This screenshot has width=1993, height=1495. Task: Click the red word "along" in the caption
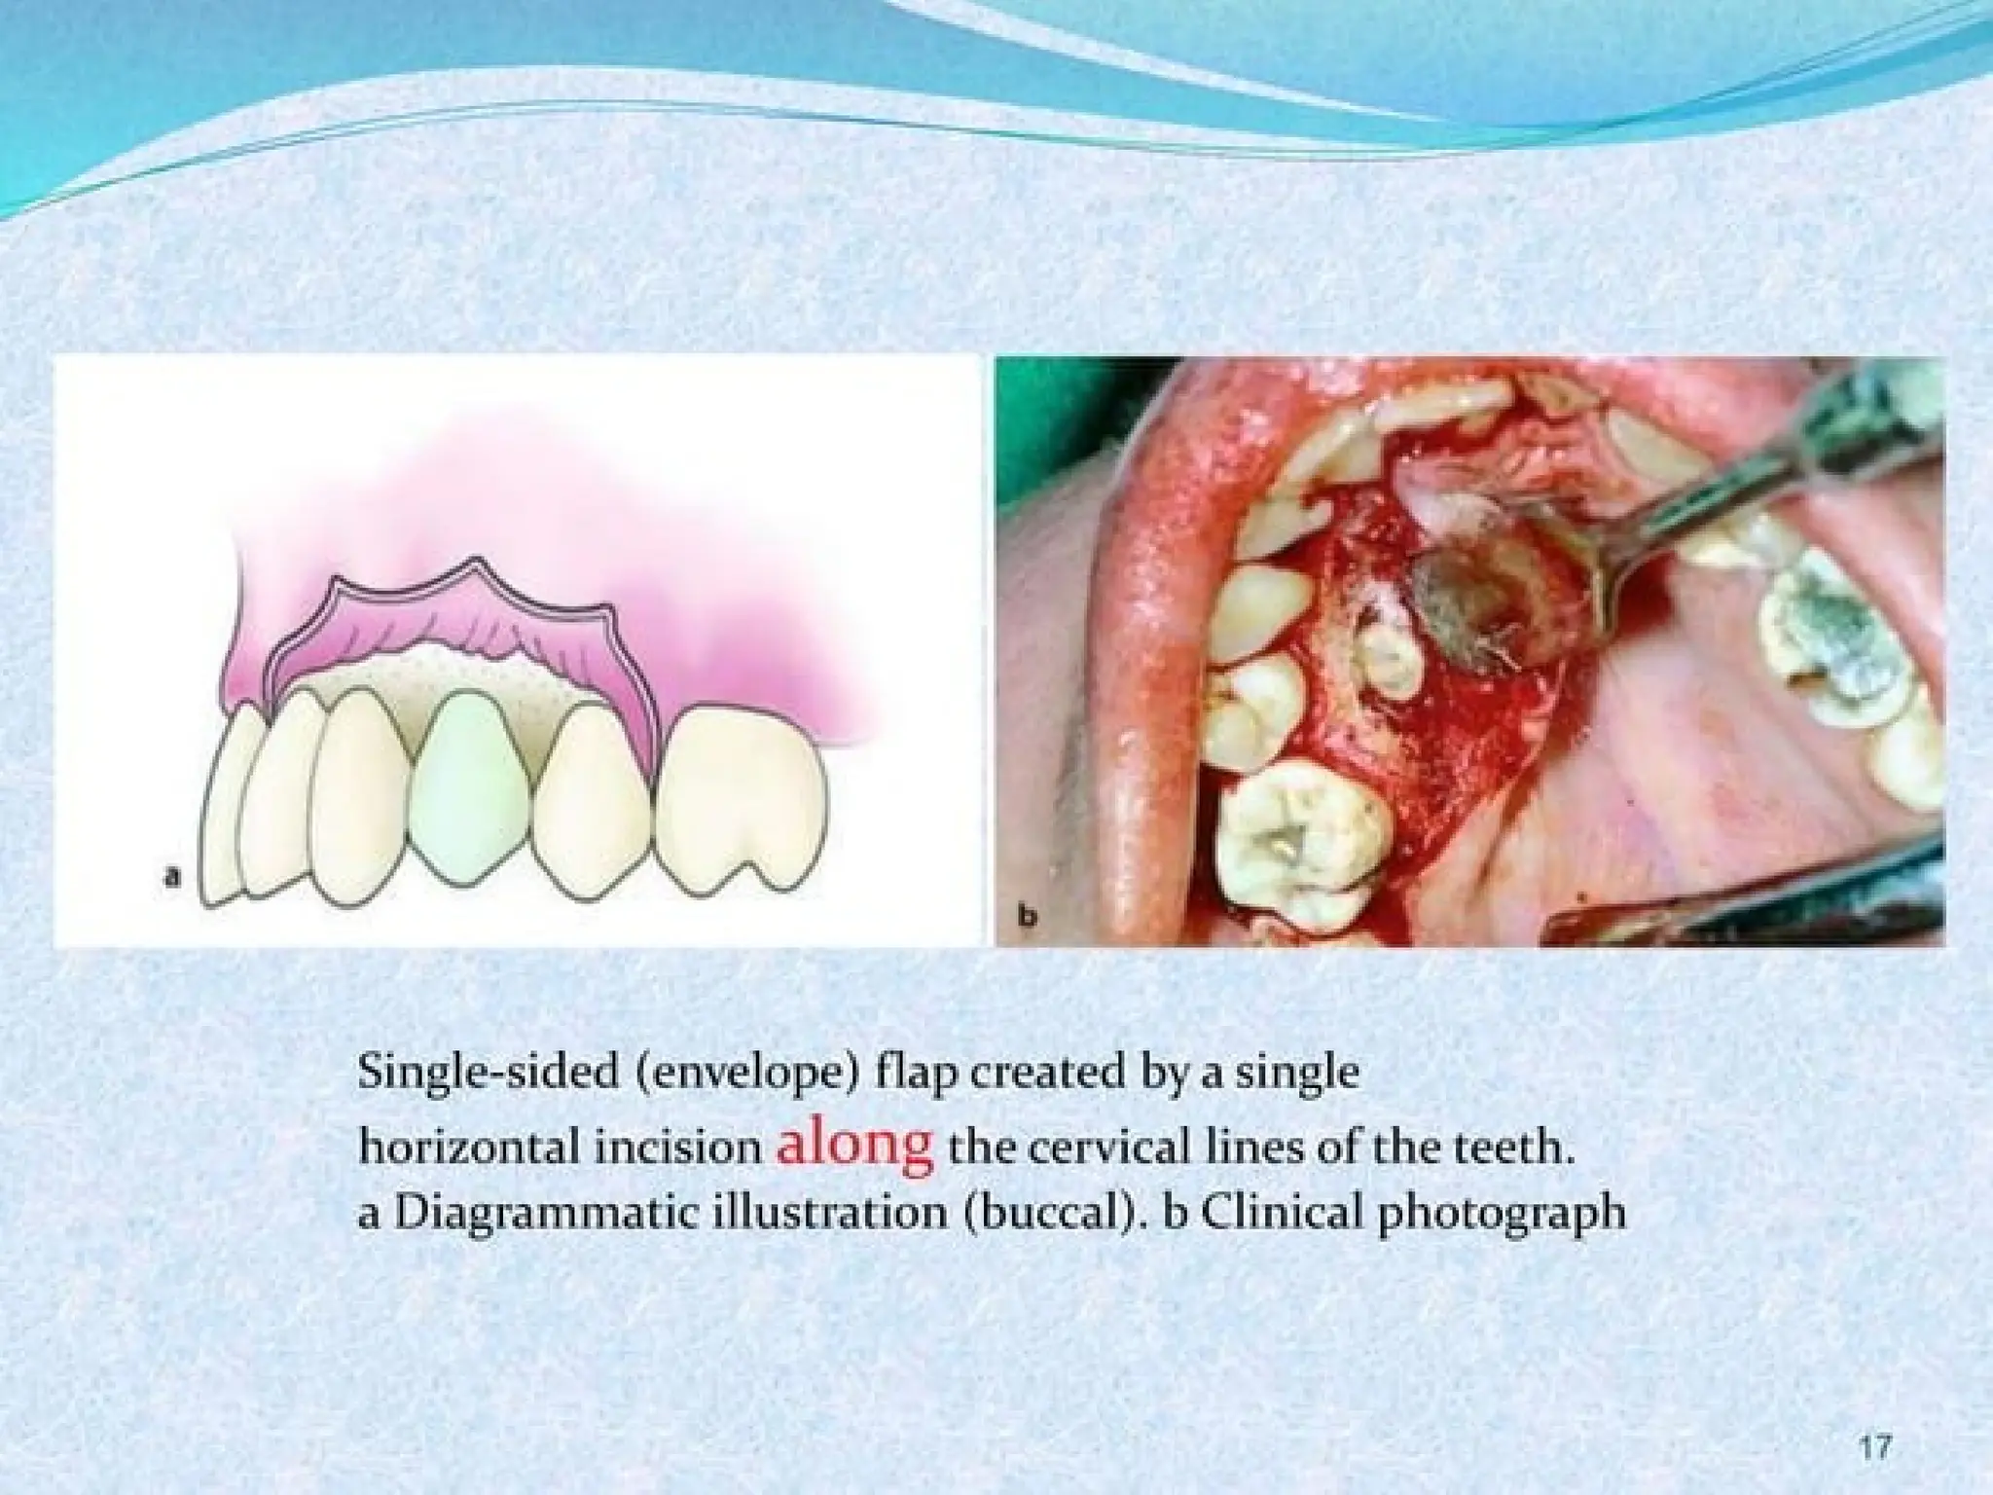tap(855, 1146)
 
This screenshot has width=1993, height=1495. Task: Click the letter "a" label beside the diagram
tap(173, 878)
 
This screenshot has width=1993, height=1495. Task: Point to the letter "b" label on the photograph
tap(1026, 915)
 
